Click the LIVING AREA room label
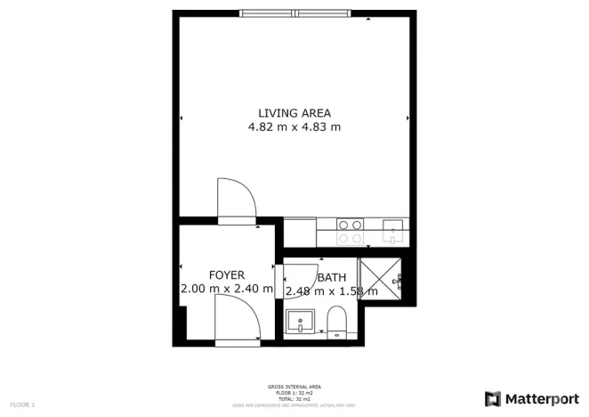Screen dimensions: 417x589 point(294,113)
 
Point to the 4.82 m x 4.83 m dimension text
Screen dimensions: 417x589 point(294,127)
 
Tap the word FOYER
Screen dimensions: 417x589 point(227,275)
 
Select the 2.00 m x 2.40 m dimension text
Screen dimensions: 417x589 point(227,289)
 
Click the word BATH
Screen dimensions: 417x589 point(332,277)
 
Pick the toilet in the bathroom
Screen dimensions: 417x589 point(336,321)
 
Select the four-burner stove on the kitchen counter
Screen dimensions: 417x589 point(351,232)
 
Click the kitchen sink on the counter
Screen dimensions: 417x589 point(392,231)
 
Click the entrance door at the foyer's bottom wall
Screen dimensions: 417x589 point(238,320)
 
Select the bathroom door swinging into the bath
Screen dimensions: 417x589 point(300,278)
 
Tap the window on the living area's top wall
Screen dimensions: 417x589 point(294,13)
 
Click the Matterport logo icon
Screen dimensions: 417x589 point(493,397)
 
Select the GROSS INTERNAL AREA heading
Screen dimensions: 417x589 point(294,387)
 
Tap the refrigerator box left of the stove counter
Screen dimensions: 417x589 point(300,232)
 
